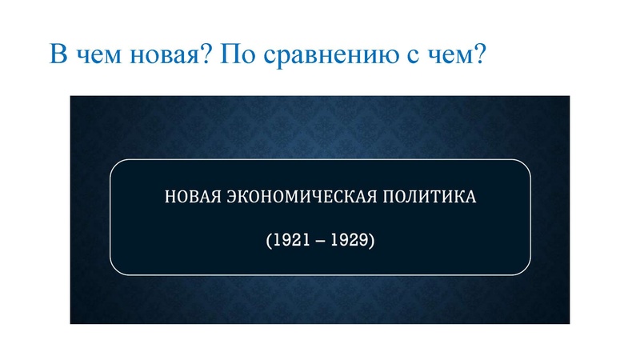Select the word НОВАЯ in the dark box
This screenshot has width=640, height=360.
pyautogui.click(x=190, y=196)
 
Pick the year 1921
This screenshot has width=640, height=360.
pyautogui.click(x=286, y=239)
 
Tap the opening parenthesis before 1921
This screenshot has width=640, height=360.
pyautogui.click(x=267, y=239)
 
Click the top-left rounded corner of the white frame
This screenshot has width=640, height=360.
pyautogui.click(x=114, y=165)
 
